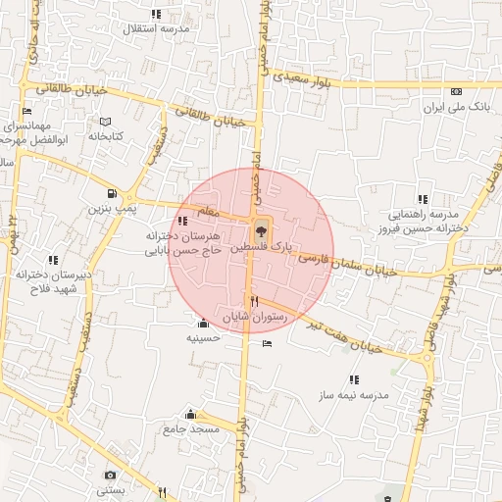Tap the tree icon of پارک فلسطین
pos(260,233)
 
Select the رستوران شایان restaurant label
pos(256,318)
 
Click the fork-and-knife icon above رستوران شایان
pos(254,301)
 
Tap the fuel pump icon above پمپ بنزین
pos(113,193)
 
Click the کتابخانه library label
pos(104,136)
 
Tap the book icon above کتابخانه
pos(105,122)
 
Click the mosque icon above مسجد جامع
pos(191,415)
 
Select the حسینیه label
pos(203,338)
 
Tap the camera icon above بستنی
pos(109,475)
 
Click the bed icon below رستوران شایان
pos(268,343)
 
